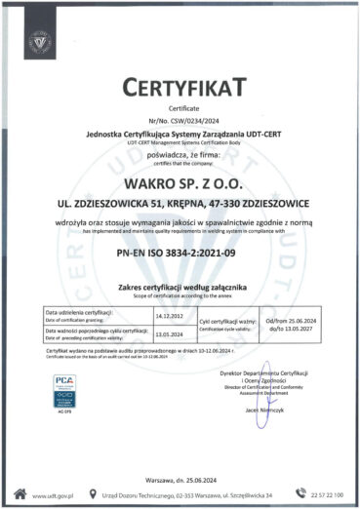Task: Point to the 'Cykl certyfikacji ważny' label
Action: pos(226,321)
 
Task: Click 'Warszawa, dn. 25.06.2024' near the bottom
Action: pos(180,469)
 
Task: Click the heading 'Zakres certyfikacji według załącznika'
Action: pos(180,289)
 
